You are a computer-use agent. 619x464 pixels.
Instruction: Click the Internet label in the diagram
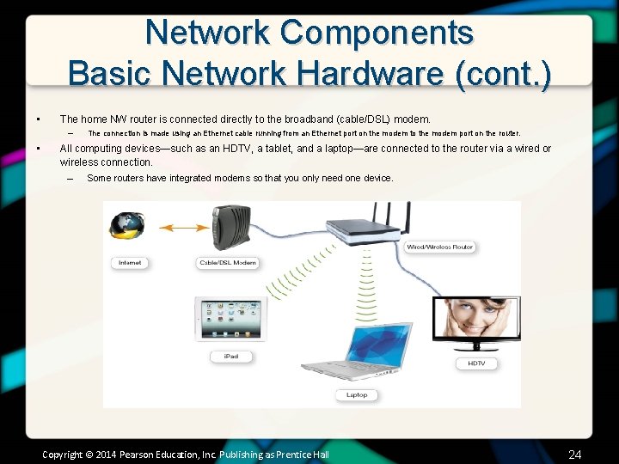[130, 263]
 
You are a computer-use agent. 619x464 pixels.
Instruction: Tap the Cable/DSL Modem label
[227, 263]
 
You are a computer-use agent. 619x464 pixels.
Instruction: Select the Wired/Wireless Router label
[439, 247]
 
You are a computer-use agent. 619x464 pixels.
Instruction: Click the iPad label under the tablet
[230, 356]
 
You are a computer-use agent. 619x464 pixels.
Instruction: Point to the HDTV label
[476, 363]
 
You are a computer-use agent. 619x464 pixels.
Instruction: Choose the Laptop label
[357, 395]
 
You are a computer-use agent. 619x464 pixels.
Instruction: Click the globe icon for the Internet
[127, 226]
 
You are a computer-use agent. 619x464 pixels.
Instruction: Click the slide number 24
[575, 454]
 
